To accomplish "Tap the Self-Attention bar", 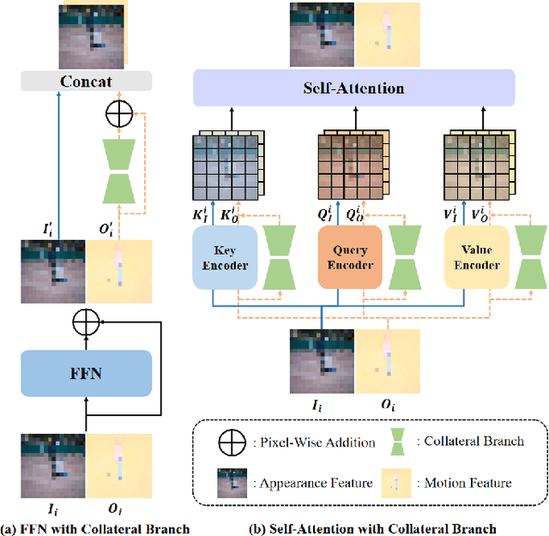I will tap(353, 88).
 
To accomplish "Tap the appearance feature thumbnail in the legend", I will tap(229, 482).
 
